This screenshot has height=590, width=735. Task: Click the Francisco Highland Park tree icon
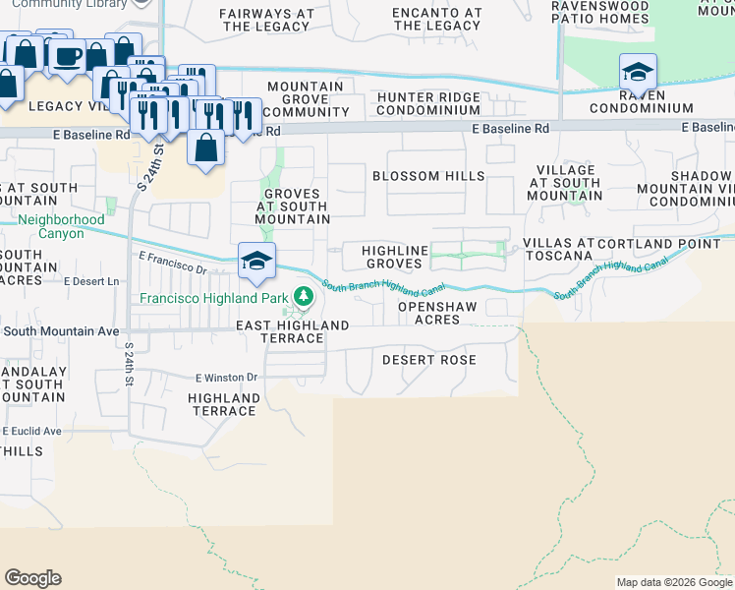point(305,295)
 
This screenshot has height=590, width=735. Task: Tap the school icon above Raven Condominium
point(638,72)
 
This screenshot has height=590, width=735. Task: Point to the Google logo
point(32,578)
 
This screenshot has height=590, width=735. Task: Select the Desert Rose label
point(429,360)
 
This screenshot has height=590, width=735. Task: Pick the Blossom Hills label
point(428,176)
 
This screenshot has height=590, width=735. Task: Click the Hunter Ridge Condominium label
point(428,104)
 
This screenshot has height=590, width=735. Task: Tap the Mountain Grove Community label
point(306,99)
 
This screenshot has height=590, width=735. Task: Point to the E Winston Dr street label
point(225,377)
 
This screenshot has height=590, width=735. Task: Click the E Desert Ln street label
point(90,281)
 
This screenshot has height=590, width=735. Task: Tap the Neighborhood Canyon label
point(61,226)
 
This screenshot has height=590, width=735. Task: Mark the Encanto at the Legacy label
point(437,20)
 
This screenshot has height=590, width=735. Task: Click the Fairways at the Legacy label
point(266,20)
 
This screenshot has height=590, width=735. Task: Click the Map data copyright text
point(674,582)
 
